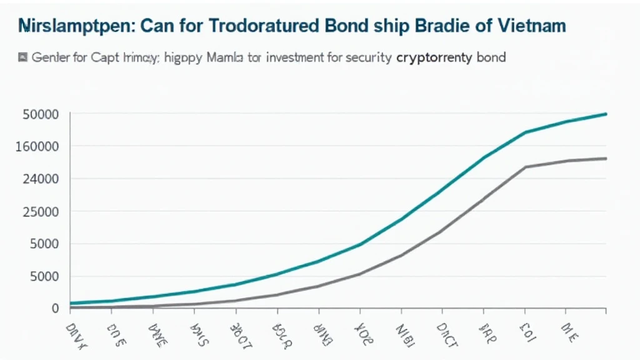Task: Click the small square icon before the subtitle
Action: pyautogui.click(x=23, y=57)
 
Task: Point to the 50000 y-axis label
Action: pyautogui.click(x=41, y=114)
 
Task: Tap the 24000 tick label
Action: pyautogui.click(x=41, y=179)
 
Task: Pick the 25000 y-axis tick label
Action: pyautogui.click(x=41, y=211)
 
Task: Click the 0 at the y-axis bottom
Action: pyautogui.click(x=56, y=308)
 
